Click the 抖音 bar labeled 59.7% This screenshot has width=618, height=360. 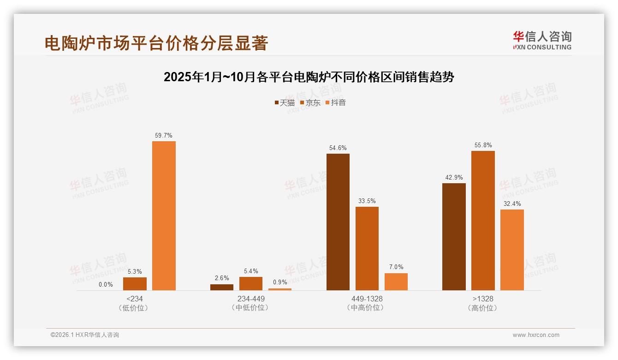click(x=164, y=216)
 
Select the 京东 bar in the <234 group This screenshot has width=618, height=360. click(x=135, y=284)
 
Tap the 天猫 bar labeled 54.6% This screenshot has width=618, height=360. click(x=338, y=222)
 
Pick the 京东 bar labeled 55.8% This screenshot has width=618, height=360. click(x=483, y=221)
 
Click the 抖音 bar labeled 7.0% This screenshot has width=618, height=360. click(x=396, y=282)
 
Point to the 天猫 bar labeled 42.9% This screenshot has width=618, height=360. click(x=454, y=237)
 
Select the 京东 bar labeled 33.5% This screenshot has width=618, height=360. click(x=367, y=248)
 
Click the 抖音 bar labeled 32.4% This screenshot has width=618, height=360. click(x=512, y=250)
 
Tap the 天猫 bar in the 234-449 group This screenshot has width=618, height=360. click(x=222, y=287)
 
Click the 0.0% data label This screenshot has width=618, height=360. click(x=106, y=285)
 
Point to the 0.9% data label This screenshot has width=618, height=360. click(x=280, y=282)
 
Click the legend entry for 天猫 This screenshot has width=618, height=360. click(x=285, y=103)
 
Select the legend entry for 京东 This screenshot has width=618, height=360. click(x=310, y=103)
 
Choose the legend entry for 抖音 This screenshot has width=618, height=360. click(x=335, y=103)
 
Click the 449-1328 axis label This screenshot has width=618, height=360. click(x=367, y=299)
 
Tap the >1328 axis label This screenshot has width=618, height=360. click(x=483, y=299)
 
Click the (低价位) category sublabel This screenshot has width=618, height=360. click(x=135, y=308)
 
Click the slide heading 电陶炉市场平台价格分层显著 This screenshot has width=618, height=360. click(x=156, y=43)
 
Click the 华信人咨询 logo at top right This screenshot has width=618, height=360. click(x=542, y=40)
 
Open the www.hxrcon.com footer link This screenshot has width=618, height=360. click(x=536, y=335)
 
